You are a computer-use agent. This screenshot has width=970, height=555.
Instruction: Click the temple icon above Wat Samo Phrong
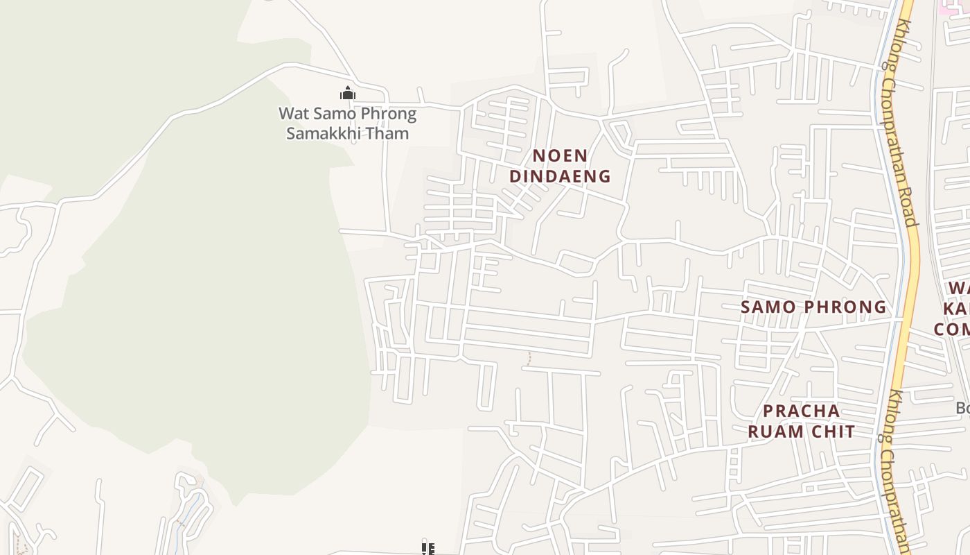(x=348, y=93)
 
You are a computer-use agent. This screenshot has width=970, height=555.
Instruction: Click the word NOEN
(x=560, y=155)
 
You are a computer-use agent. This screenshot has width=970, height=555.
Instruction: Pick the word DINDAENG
(x=560, y=176)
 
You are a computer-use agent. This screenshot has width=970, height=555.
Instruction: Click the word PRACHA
(x=801, y=411)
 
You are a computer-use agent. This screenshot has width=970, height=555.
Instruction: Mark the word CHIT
(x=834, y=432)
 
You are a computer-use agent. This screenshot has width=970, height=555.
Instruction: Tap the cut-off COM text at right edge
(x=953, y=328)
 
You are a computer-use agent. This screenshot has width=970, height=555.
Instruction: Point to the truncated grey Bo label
(x=962, y=408)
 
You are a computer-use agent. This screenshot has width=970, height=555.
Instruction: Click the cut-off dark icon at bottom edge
(x=428, y=549)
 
